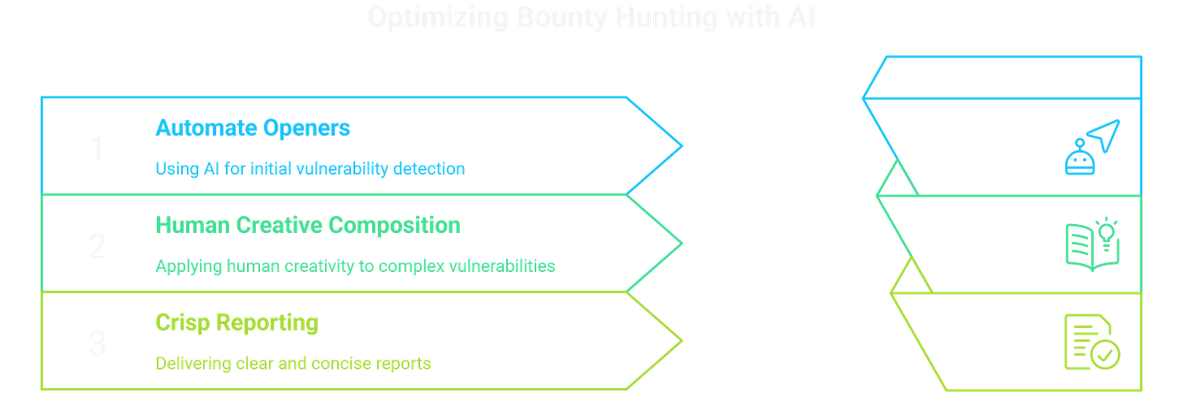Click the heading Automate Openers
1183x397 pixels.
pos(253,127)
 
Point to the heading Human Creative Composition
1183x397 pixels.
pos(307,225)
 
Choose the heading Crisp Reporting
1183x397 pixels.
pos(236,323)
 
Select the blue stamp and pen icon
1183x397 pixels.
pos(1090,147)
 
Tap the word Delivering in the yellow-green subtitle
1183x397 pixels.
pos(185,364)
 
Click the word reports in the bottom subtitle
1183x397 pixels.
pos(403,364)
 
